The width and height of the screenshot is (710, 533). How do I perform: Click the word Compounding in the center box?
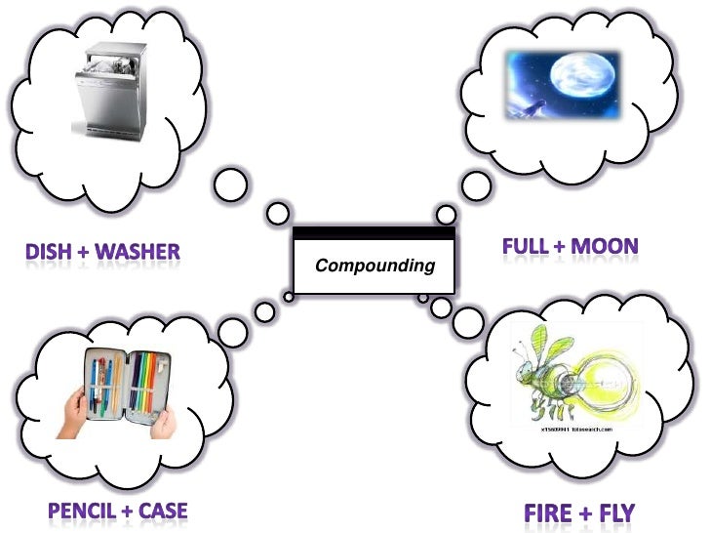click(x=375, y=266)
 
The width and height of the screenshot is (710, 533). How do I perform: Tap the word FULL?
click(x=525, y=246)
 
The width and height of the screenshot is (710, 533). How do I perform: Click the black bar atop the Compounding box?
click(x=375, y=233)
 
